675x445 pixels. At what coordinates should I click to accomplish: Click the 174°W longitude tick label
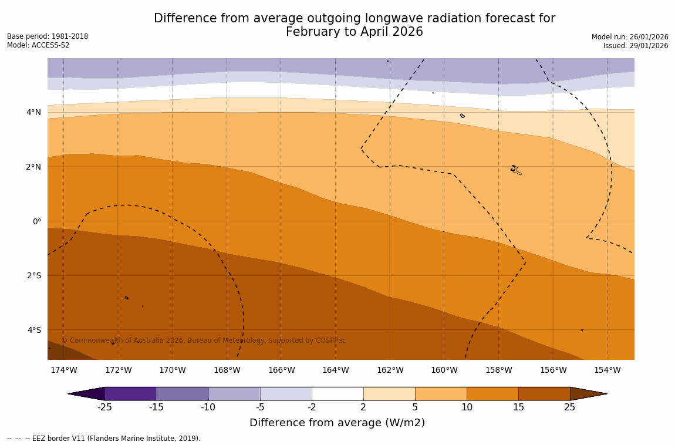pos(63,370)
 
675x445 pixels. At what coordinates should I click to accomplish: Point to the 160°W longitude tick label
pos(444,370)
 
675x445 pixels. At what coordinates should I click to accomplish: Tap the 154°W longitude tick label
pos(607,370)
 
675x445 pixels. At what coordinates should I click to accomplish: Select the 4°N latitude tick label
pos(34,112)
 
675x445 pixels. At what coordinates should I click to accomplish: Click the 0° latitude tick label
pos(37,221)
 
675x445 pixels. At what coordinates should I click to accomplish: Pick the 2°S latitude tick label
pos(34,275)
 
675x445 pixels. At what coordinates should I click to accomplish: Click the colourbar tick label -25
pos(104,407)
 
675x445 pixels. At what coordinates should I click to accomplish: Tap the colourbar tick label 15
pos(518,407)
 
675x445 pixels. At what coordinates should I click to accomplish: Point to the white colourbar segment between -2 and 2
pos(338,393)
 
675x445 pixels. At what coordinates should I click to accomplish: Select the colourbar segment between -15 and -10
pos(182,393)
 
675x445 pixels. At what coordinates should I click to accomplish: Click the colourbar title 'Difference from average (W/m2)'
pos(337,423)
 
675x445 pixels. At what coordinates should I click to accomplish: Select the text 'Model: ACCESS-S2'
pos(38,45)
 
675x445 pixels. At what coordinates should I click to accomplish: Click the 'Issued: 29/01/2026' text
pos(636,46)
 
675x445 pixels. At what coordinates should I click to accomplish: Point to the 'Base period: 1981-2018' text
pos(48,36)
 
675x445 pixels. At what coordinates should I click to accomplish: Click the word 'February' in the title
pos(313,32)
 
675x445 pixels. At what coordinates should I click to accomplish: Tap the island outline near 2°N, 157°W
pos(515,170)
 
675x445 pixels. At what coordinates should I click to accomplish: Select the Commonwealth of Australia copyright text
pos(204,341)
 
